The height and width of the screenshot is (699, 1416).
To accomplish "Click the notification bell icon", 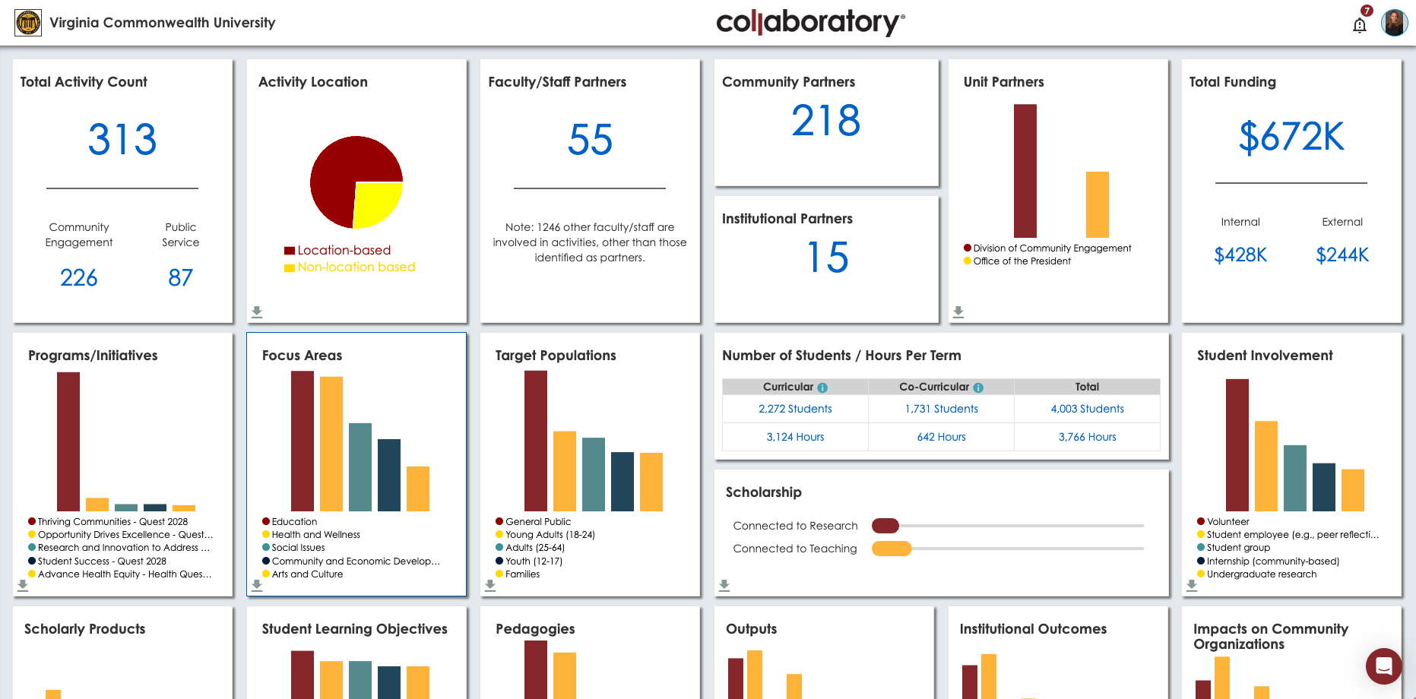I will (1360, 25).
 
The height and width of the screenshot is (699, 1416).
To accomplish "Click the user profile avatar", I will (1394, 23).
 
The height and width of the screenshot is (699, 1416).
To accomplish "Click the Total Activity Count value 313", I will (122, 140).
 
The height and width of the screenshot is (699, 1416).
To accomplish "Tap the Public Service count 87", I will (180, 277).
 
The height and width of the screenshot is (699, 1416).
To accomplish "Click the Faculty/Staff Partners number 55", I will (590, 140).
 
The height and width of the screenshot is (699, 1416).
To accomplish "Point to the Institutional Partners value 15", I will (827, 258).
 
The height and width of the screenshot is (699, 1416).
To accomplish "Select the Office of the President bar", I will (1097, 204).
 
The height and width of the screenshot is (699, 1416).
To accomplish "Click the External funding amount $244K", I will (1342, 255).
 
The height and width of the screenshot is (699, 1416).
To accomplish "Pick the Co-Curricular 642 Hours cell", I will (941, 437).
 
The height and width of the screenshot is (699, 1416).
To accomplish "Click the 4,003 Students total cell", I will (1087, 409).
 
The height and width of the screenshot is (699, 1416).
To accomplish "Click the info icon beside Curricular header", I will (822, 387).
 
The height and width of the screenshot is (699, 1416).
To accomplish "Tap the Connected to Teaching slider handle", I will (892, 549).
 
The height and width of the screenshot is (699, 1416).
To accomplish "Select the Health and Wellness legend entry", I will (315, 535).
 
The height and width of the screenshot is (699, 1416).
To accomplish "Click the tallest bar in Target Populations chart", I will (536, 441).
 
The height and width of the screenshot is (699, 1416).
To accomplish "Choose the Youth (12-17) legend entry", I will (533, 561).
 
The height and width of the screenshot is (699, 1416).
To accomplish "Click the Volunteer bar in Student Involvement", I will (1237, 444).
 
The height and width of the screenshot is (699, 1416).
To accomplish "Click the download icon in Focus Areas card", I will (257, 585).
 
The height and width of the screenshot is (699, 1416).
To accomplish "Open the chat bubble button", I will (1383, 666).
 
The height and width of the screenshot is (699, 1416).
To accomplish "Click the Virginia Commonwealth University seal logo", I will (28, 23).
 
